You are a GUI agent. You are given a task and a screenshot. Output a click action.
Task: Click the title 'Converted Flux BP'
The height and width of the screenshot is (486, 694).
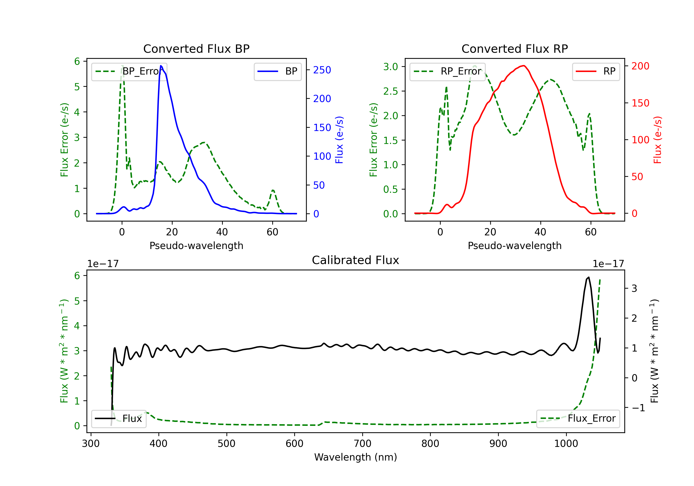coord(196,49)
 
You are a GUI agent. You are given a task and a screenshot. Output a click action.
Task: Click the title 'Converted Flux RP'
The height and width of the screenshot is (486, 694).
coord(514,49)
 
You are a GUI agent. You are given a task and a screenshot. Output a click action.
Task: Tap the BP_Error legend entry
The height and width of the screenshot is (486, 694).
coord(129,71)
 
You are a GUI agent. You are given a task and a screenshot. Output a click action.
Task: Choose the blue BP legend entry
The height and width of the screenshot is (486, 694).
coord(277,71)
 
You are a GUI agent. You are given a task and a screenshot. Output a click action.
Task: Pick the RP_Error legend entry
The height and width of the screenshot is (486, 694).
coord(447,71)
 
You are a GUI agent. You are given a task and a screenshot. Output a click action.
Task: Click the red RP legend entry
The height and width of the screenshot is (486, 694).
coord(596,71)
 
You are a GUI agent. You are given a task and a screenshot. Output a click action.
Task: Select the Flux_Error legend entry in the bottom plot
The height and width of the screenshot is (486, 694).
coord(578,419)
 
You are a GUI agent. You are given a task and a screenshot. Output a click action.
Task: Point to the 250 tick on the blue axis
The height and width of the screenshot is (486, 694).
coord(322,70)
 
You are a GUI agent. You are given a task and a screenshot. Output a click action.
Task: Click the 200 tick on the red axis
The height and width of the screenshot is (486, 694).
coord(640,66)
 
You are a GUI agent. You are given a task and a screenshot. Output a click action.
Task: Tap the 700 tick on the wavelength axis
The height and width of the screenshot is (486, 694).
coord(362,444)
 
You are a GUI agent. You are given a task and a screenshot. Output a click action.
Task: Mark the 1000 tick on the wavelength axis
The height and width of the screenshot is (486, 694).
coord(566,444)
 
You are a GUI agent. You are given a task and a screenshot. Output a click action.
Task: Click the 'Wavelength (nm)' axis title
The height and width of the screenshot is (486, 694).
coord(356,457)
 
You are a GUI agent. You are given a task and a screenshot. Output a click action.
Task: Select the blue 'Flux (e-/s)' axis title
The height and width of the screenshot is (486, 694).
coord(339,140)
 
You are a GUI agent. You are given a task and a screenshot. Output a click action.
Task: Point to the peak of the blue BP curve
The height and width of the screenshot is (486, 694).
coord(161,66)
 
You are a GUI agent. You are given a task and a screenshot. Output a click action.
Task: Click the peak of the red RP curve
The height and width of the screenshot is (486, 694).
coord(523,66)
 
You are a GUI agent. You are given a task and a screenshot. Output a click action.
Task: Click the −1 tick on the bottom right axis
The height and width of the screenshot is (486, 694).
coord(638,408)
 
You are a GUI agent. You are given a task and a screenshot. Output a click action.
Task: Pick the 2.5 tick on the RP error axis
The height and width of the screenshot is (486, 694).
coord(390,91)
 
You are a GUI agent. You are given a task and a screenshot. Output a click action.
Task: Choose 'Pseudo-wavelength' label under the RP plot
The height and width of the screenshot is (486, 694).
coord(514,246)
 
